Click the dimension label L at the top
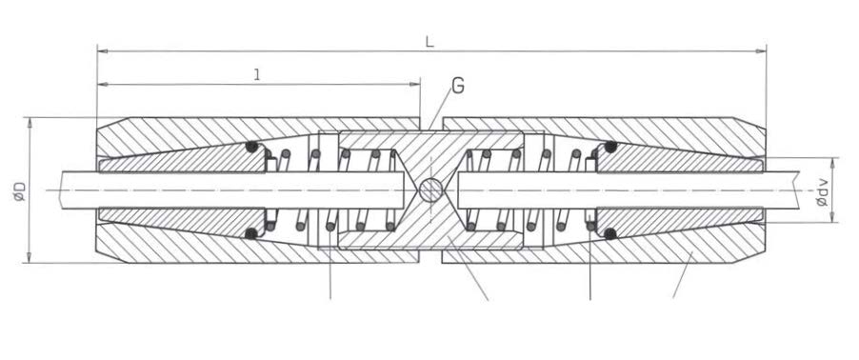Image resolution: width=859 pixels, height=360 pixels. coord(430,42)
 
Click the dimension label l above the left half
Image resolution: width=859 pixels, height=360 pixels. coord(257,75)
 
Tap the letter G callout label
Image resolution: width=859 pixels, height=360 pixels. coord(458,86)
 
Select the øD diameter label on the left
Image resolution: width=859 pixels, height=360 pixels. coord(20,190)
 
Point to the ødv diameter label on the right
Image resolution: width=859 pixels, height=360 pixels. coord(822,190)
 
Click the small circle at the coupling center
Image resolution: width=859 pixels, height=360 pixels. coord(431,190)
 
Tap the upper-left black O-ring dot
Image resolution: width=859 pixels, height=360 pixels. coord(251,147)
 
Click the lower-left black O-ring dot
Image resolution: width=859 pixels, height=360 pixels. coord(250,234)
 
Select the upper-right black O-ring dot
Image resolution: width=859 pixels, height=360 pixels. coord(610,147)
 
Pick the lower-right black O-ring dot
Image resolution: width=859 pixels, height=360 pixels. coord(610,234)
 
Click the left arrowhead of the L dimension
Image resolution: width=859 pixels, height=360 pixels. coord(103,51)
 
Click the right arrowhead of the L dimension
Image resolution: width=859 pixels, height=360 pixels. coord(760,51)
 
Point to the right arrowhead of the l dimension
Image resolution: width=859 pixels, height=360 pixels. coord(414,84)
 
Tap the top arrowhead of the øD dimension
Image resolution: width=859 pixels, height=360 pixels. coord(30,123)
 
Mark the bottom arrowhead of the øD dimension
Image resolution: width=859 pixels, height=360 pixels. coord(30,257)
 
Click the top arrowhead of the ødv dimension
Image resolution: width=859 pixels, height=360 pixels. coord(833,163)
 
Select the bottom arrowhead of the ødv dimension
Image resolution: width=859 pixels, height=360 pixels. coord(833,216)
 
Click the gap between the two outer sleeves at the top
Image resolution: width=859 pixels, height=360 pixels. coord(431,124)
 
